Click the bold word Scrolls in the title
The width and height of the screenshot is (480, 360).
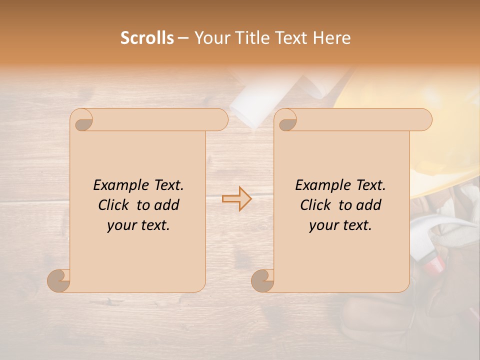[x=147, y=38]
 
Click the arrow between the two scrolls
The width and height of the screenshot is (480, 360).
[x=236, y=198]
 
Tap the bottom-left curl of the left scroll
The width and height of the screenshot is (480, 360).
[x=59, y=280]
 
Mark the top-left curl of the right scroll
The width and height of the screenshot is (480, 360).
[x=286, y=120]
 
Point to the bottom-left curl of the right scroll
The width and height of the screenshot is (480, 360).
[x=263, y=280]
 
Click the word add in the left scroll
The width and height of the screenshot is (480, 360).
[x=167, y=205]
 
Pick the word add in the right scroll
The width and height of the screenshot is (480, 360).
[x=369, y=205]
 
